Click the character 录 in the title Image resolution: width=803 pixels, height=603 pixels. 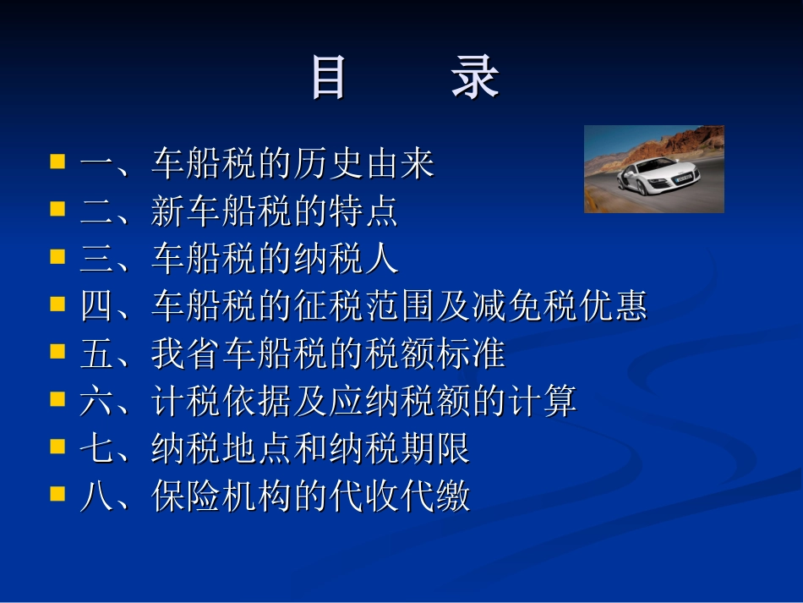(475, 79)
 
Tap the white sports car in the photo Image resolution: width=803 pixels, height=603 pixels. (657, 175)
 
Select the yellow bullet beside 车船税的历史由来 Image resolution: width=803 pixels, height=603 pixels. (57, 161)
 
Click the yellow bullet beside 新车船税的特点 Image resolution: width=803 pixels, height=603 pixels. (57, 208)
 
